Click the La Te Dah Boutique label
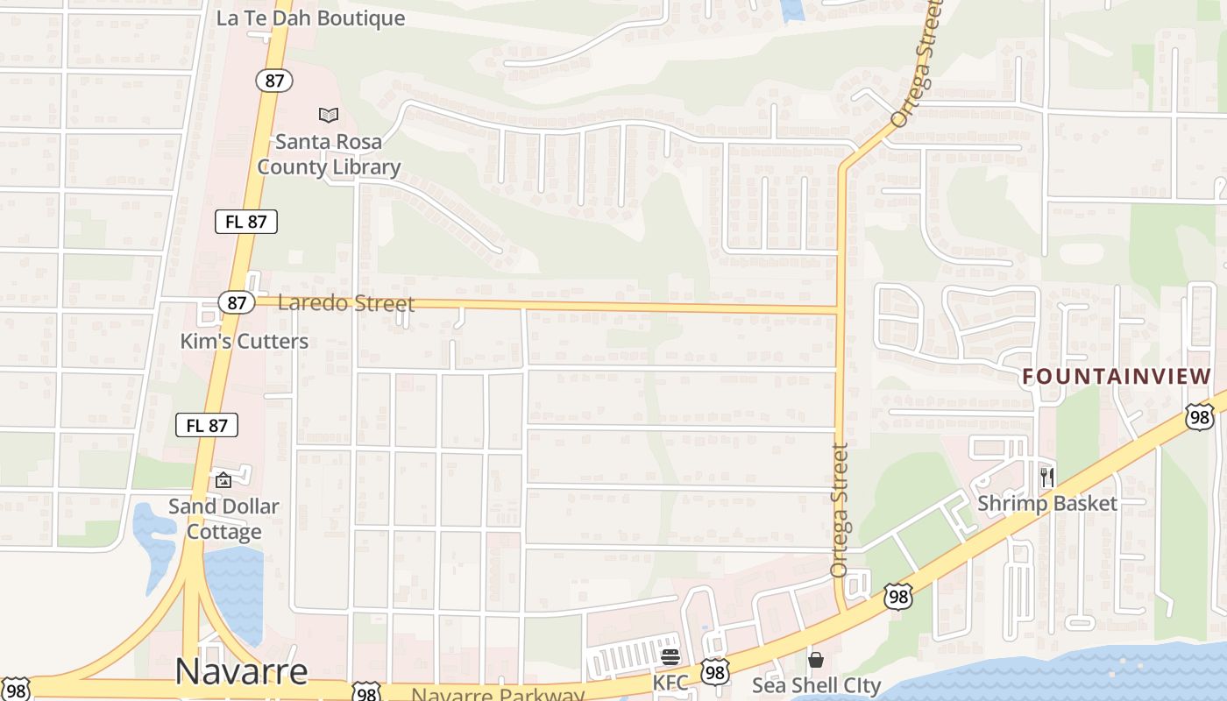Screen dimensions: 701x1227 click(x=310, y=18)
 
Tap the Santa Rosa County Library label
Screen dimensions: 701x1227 click(x=329, y=154)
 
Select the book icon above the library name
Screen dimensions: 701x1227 click(x=329, y=115)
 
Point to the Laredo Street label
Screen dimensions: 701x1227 click(x=345, y=303)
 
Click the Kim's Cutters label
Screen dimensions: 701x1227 click(x=245, y=341)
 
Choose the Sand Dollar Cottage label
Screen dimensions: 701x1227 click(x=223, y=519)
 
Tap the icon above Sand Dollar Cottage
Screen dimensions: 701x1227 click(x=223, y=479)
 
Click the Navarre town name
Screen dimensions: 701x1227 click(x=242, y=671)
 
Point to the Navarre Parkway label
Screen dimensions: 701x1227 click(x=497, y=694)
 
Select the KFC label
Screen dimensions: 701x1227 click(x=670, y=682)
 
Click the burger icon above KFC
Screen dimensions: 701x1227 click(x=670, y=657)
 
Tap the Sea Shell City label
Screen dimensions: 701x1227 click(x=816, y=684)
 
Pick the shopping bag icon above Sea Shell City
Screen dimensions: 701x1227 click(x=816, y=659)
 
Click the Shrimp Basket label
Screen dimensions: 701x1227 click(x=1047, y=503)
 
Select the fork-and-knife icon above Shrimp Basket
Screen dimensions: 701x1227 click(x=1046, y=477)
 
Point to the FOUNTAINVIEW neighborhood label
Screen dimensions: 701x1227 click(x=1117, y=376)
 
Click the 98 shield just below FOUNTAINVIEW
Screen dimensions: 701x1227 click(x=1199, y=417)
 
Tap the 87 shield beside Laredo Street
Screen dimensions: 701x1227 click(x=237, y=302)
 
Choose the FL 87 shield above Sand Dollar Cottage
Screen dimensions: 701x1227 click(x=207, y=426)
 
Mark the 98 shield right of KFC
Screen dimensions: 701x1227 click(x=715, y=672)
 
